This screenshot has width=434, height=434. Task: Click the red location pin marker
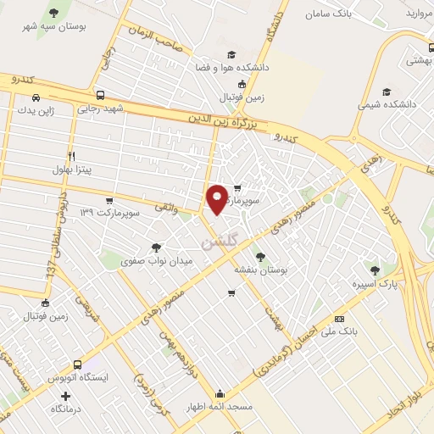click(x=217, y=198)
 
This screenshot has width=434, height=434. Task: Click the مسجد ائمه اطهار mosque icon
click(x=220, y=394)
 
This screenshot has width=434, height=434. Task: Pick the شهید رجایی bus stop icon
click(x=101, y=95)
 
